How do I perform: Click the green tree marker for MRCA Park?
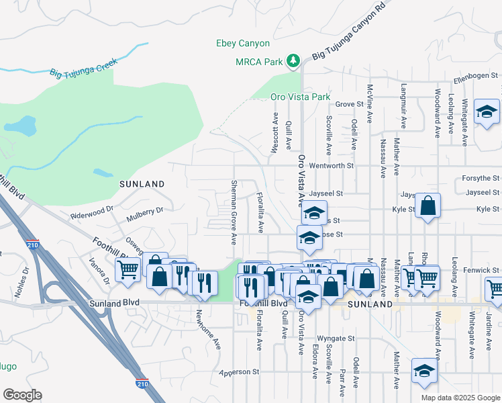tap(293, 62)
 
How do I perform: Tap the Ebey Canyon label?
tap(242, 43)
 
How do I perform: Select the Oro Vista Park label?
tap(301, 97)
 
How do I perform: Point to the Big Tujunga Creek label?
tap(83, 68)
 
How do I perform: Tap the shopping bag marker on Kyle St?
tap(428, 208)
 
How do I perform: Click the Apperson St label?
tap(239, 371)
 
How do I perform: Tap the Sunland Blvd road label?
tap(114, 303)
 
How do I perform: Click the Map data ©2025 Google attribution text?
tap(460, 398)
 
